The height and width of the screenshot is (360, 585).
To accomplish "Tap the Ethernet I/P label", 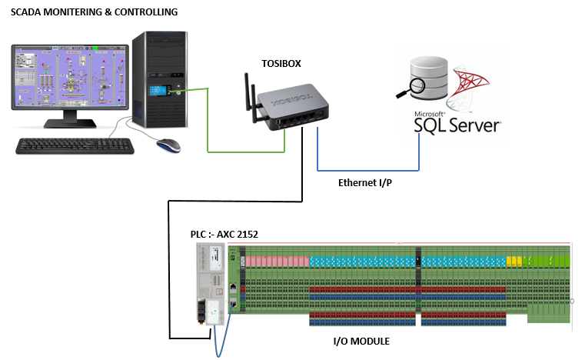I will (364, 183).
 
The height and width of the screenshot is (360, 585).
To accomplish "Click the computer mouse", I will (168, 144).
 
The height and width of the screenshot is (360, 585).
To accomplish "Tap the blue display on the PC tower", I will (162, 92).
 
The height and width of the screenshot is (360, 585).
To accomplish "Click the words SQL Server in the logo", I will (457, 123).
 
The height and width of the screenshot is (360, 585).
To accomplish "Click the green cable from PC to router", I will (208, 123).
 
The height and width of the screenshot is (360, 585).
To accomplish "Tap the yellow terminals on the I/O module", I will (514, 260).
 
